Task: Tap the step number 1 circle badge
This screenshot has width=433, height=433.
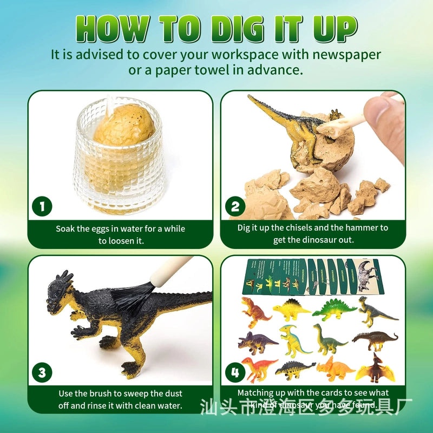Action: point(42,206)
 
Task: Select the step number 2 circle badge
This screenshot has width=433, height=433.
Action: point(235,206)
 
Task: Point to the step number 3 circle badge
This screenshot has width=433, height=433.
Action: point(42,372)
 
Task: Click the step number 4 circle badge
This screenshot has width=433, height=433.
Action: point(235,372)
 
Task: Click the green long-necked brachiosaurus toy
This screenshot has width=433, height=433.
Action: point(328,341)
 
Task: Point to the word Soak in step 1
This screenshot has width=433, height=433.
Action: point(66,228)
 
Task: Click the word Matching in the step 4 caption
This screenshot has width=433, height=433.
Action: point(255,392)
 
